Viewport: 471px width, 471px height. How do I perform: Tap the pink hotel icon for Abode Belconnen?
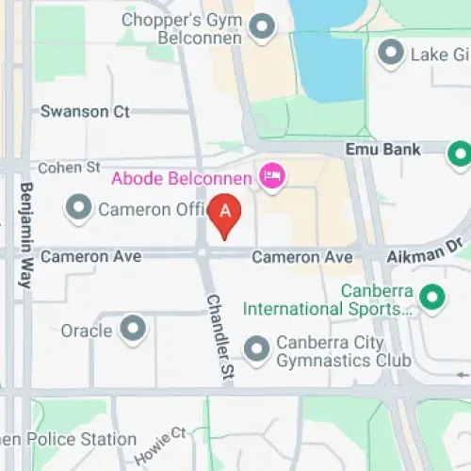[272, 177]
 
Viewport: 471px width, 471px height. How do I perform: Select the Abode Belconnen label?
[182, 178]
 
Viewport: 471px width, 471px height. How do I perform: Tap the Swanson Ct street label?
[85, 111]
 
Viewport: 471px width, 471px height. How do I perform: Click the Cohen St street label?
[68, 168]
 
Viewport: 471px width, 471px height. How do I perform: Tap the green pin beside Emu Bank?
[460, 154]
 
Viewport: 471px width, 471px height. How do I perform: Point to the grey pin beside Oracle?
[135, 330]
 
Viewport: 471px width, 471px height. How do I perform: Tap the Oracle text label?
[87, 331]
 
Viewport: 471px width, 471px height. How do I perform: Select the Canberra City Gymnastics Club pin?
[257, 350]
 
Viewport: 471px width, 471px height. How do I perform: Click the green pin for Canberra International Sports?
[432, 299]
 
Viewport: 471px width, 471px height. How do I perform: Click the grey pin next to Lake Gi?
[389, 54]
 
